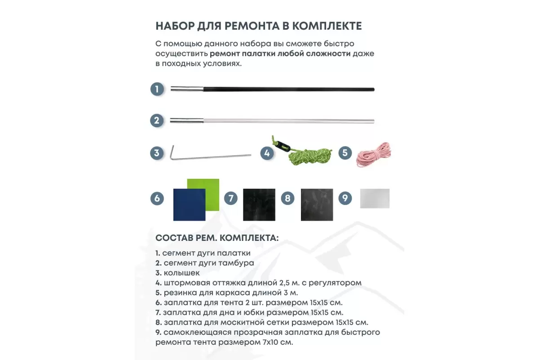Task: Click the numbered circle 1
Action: click(157, 89)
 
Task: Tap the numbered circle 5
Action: click(345, 152)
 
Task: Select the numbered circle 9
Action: click(345, 198)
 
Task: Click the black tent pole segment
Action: click(287, 89)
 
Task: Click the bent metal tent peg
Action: click(211, 155)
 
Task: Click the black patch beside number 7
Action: click(259, 204)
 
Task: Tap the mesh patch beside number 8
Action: click(317, 204)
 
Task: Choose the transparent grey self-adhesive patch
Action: click(375, 198)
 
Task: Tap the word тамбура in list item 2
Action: click(238, 263)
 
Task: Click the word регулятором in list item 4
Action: click(335, 283)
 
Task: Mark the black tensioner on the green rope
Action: click(283, 146)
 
